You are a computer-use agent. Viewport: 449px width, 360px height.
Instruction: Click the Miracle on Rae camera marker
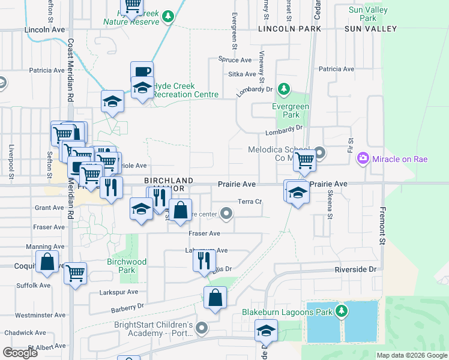(x=363, y=158)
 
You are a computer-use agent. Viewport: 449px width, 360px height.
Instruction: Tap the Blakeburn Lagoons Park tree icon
(x=342, y=311)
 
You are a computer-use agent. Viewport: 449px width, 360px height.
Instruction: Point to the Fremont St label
(x=382, y=226)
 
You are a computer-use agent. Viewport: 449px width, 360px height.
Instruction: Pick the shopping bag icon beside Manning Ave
(x=47, y=262)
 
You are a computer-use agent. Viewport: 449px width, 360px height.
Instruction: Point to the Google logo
(x=20, y=353)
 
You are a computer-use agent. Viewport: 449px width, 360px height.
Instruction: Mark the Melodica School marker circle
(x=320, y=153)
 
